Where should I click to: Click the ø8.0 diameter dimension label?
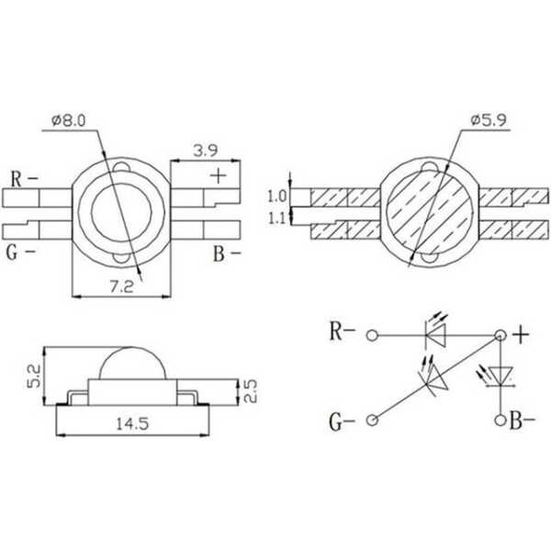[69, 120]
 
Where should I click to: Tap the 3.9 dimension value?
[206, 151]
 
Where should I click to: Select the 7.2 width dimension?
[121, 287]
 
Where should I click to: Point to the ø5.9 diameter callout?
[489, 120]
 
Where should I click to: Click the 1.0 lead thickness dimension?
[277, 197]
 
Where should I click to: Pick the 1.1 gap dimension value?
[277, 219]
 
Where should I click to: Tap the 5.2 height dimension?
[35, 376]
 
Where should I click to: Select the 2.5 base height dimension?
[250, 391]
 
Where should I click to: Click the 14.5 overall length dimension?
[132, 423]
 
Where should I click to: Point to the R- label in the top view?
[24, 179]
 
